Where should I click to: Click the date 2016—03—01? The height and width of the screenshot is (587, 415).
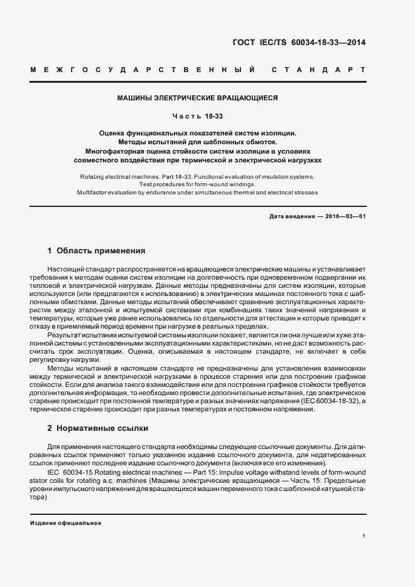click(x=344, y=216)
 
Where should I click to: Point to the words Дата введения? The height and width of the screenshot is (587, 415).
click(x=291, y=216)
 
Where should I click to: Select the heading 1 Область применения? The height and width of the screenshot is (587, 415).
click(x=96, y=251)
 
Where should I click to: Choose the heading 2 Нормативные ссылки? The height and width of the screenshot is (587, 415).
click(x=97, y=429)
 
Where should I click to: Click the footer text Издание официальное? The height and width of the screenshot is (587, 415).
click(x=65, y=523)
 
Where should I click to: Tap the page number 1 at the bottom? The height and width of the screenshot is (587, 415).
click(x=364, y=536)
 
